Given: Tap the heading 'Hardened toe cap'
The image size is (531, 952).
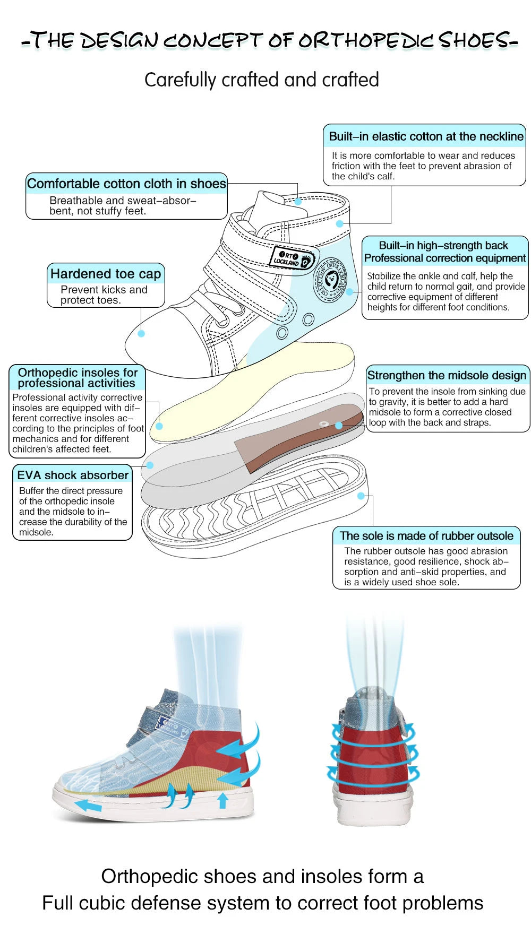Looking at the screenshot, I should pos(105,274).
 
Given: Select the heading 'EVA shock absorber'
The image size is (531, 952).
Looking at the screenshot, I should pos(73,475).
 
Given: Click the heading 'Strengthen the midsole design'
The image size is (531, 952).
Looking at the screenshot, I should pos(447,375).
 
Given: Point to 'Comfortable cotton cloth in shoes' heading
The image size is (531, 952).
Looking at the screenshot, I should pos(126,184).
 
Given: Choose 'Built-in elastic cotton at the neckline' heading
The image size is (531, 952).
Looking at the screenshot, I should pos(426,136).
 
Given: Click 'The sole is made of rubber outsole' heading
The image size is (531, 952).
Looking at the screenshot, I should pos(426,536).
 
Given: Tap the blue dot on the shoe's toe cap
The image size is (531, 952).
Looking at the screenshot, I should pos(141,334).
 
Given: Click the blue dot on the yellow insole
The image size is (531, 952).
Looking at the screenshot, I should pos(159,426).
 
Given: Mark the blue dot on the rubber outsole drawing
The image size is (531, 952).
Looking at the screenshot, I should pos(361,496).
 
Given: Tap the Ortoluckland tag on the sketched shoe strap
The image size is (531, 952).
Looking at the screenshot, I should pos(292,258).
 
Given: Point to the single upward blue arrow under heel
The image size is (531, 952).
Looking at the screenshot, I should pos(223,800).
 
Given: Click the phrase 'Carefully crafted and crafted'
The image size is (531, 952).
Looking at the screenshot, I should pos(261,80).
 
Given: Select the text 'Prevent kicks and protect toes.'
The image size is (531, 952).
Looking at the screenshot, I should pos(104,295).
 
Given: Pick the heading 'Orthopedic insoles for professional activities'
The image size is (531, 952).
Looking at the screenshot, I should pos(78,378).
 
